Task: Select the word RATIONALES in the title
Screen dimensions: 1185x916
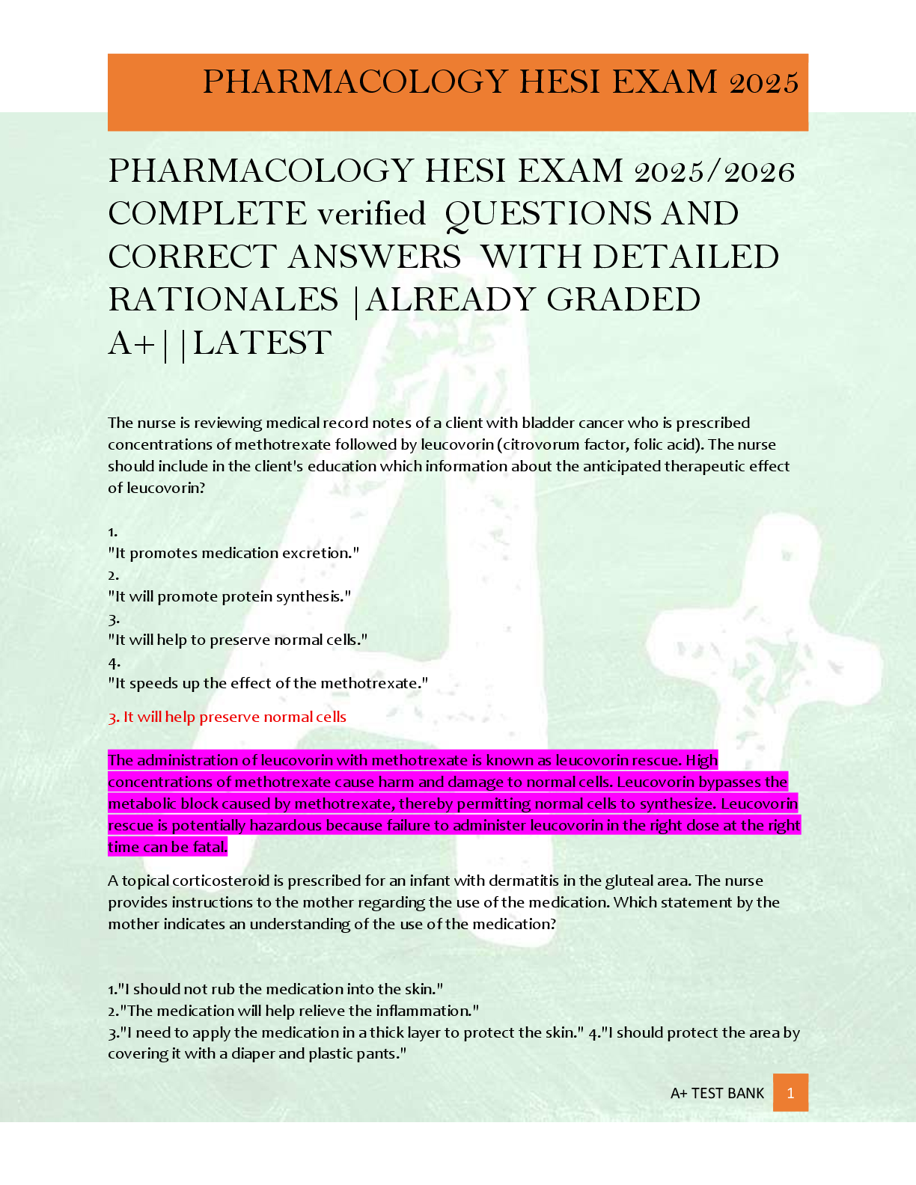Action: click(223, 301)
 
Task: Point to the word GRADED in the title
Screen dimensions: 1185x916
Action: click(623, 301)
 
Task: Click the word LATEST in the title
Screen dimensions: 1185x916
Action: click(262, 343)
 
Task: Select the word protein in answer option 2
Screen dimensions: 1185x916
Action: click(245, 597)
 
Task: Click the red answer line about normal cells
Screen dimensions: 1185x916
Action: click(227, 717)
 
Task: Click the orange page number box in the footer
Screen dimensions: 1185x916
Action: click(790, 1093)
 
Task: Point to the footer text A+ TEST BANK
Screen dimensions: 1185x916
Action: click(717, 1093)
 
